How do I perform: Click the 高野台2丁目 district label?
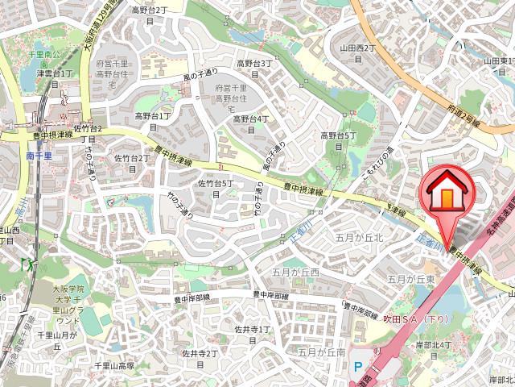click(x=150, y=15)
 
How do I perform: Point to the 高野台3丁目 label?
click(x=253, y=68)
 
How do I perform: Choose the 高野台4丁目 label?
click(x=250, y=123)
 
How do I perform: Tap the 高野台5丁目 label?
click(x=338, y=140)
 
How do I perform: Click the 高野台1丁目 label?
click(x=151, y=121)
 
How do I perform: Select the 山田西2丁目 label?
click(x=358, y=52)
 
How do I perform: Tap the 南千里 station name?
click(x=38, y=155)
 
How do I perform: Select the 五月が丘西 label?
click(x=295, y=273)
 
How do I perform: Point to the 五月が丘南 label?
click(x=321, y=352)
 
